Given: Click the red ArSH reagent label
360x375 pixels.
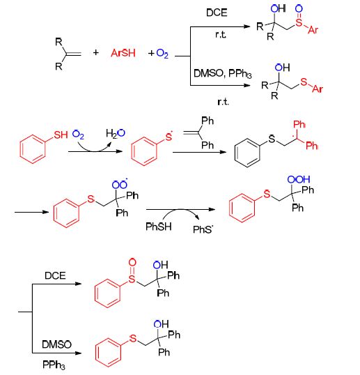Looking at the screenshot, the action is coord(123,53).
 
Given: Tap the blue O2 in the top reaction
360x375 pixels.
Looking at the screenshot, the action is coord(162,54).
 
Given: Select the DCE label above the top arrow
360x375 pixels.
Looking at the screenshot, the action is coord(217,13).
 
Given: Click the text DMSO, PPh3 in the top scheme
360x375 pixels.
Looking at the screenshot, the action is coord(222,74).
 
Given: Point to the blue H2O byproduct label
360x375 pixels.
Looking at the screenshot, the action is coord(116,134).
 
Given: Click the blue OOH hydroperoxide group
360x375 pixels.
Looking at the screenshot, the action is coord(299,179).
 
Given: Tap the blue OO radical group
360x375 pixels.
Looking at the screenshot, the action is coord(120,184).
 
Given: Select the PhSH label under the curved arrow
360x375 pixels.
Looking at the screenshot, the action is coord(159,227).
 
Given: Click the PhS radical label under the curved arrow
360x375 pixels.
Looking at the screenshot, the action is coord(203,229).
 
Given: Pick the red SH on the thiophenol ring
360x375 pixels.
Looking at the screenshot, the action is coord(61,135).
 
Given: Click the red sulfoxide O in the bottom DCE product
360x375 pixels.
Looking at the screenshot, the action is coord(132,262).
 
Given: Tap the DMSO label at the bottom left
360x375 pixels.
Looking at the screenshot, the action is coord(56,344).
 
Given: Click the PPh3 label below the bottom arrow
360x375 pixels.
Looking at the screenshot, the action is coord(54,365).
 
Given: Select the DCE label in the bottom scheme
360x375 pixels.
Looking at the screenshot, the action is coord(55,275).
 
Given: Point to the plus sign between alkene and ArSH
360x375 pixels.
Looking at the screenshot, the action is coord(96,52).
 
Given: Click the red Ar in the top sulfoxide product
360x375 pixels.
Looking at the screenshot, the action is coord(313,30).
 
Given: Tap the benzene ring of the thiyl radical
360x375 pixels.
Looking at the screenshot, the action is coord(144,151).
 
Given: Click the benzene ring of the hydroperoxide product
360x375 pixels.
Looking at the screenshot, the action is coord(242,208).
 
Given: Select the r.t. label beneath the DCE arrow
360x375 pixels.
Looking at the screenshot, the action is coord(221,35).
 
